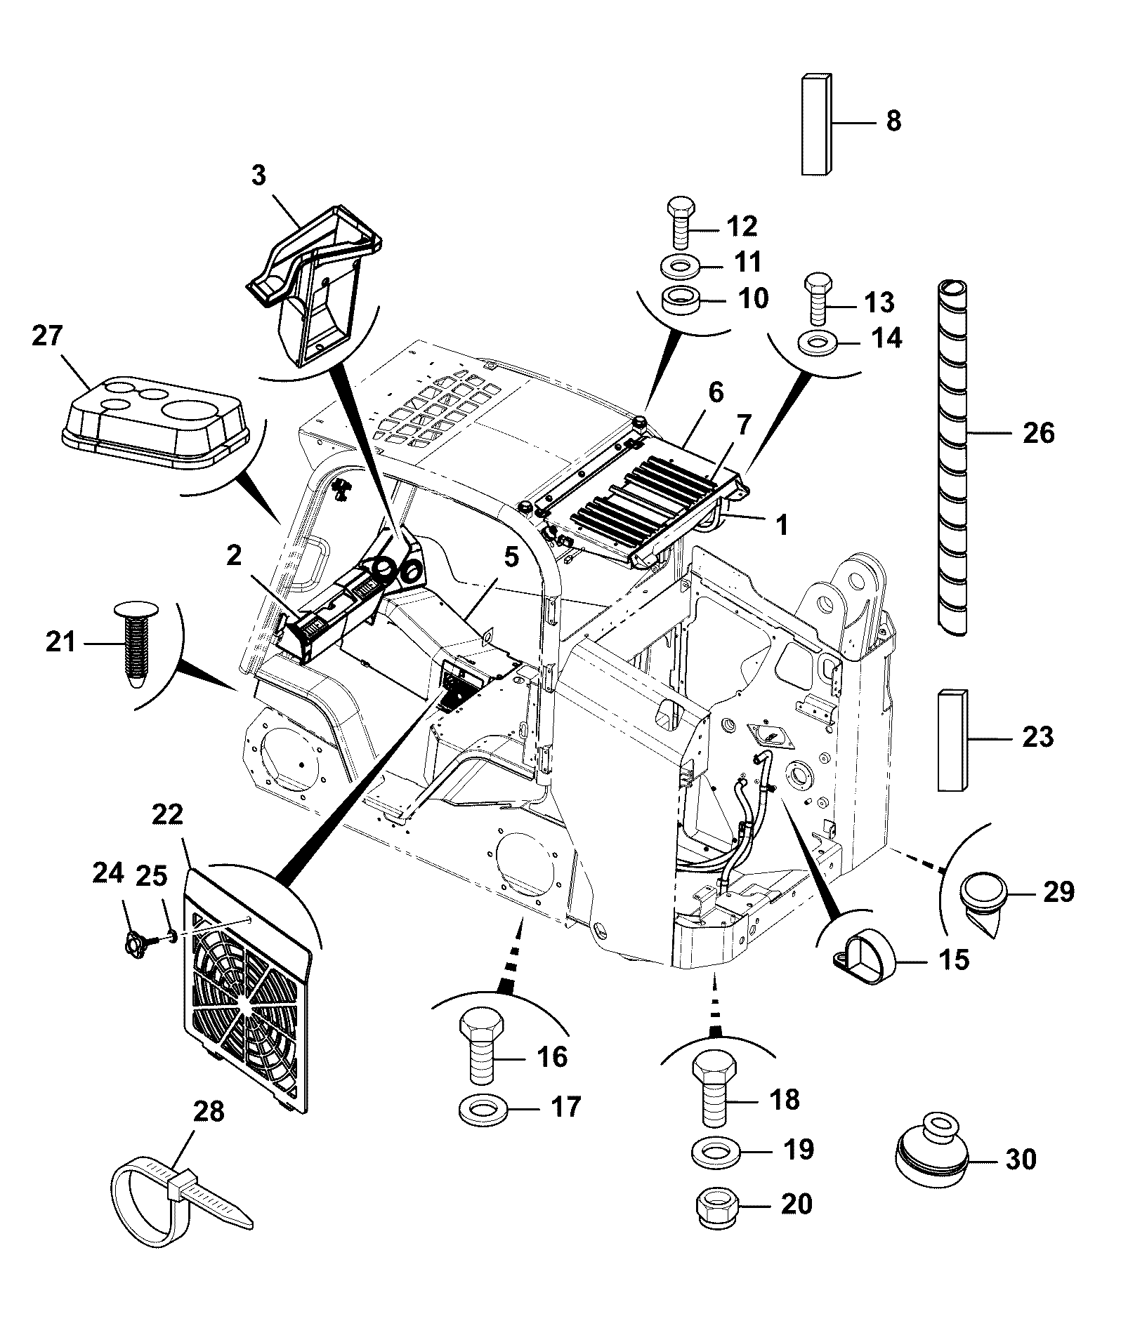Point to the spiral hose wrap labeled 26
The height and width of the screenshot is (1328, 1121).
(952, 458)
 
